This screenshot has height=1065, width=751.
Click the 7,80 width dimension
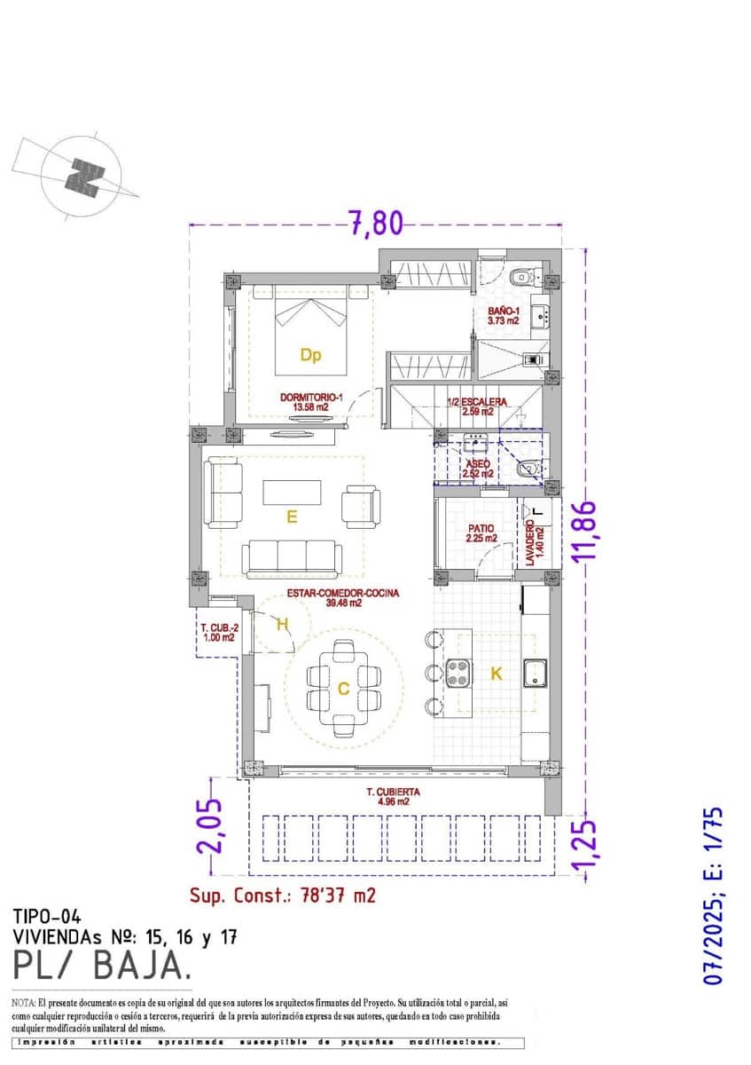tap(374, 223)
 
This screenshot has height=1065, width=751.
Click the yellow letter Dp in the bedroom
tap(309, 356)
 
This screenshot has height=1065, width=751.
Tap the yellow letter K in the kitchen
tap(497, 674)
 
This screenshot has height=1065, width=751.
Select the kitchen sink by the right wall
tap(536, 674)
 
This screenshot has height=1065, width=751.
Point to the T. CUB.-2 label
tap(217, 631)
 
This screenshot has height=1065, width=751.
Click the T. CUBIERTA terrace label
tap(393, 795)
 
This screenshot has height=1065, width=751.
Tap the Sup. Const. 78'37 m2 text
tap(283, 895)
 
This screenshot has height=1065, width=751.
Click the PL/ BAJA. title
tap(101, 963)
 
